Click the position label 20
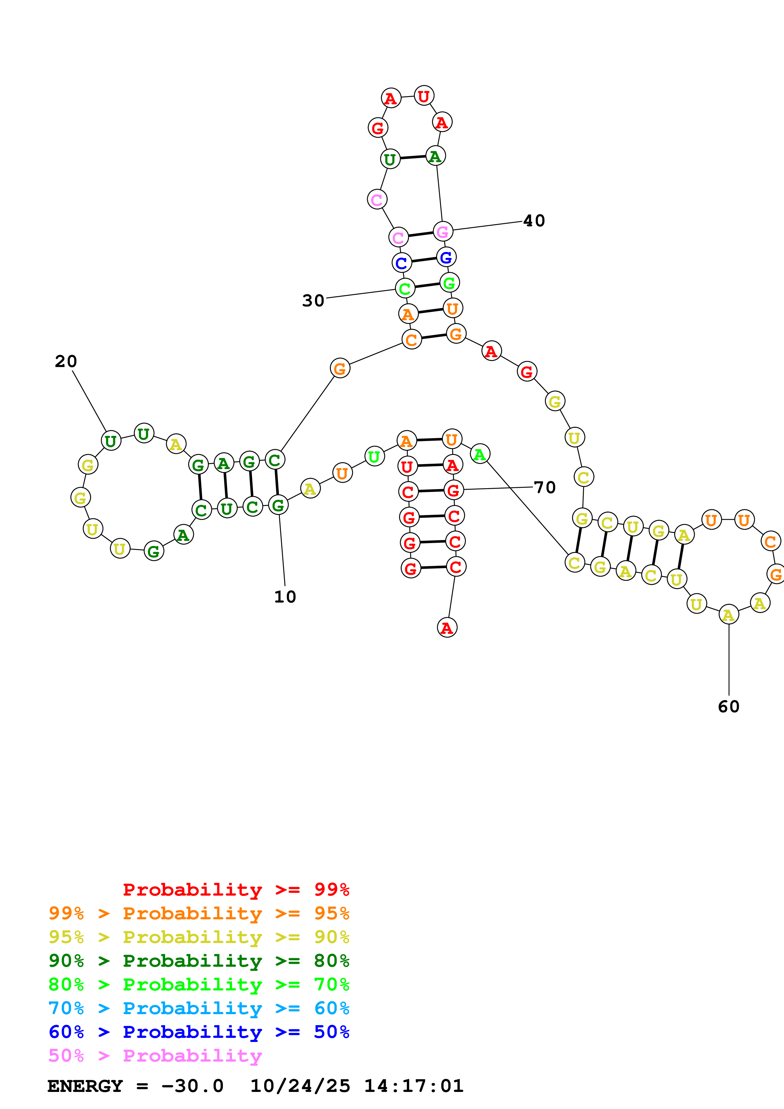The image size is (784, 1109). (66, 361)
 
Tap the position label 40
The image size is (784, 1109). (534, 221)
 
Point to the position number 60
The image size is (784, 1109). (728, 707)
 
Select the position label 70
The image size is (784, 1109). (544, 487)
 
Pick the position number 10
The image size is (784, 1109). (285, 597)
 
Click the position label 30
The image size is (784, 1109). (313, 300)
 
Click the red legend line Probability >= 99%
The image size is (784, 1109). (236, 889)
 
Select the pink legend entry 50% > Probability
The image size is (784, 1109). (155, 1055)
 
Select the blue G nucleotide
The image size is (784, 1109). (446, 257)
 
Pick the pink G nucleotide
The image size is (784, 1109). (442, 231)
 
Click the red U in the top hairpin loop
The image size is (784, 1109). (424, 96)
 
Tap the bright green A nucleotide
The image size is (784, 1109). (480, 454)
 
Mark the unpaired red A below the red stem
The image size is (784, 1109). (447, 628)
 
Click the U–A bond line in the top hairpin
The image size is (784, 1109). (412, 157)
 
